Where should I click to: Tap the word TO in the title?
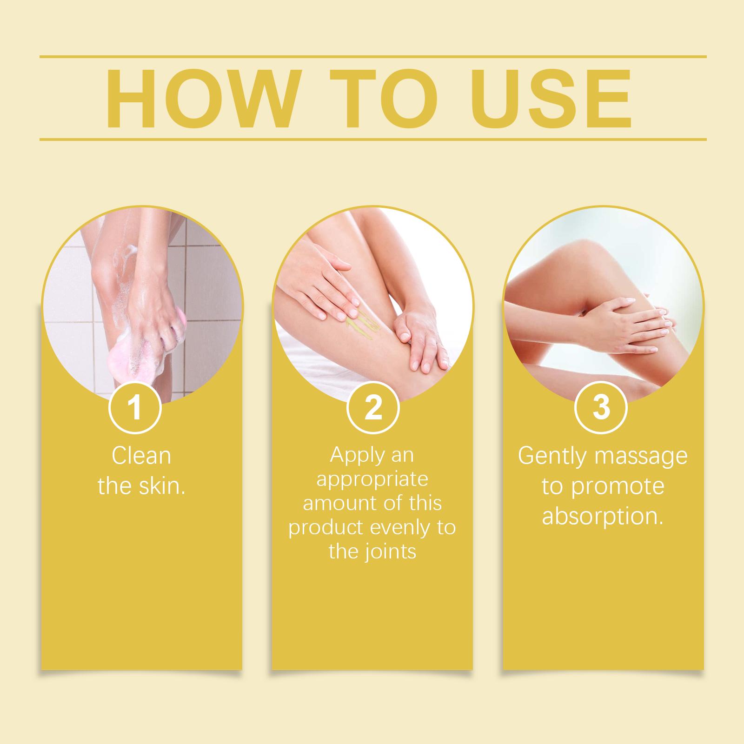[x=388, y=99]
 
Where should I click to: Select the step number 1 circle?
[x=135, y=407]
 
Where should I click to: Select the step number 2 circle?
[x=373, y=407]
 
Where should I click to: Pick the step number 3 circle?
[x=601, y=407]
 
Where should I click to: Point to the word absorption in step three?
[x=603, y=517]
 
